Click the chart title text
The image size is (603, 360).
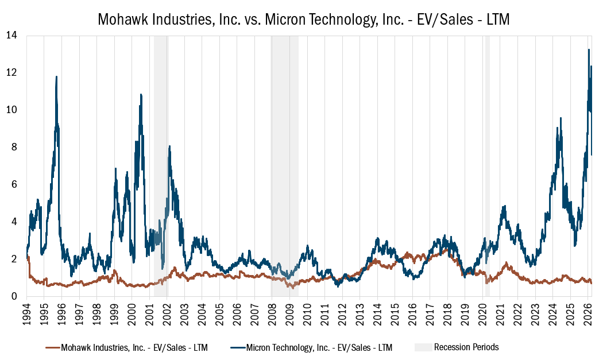(304, 19)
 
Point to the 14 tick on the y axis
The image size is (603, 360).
(11, 36)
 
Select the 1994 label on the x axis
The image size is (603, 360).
(27, 313)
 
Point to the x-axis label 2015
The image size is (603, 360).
(394, 313)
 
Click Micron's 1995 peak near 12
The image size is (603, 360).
(56, 76)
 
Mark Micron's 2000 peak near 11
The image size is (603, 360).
(141, 95)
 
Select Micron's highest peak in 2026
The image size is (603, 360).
(589, 50)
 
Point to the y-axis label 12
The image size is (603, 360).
(11, 72)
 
